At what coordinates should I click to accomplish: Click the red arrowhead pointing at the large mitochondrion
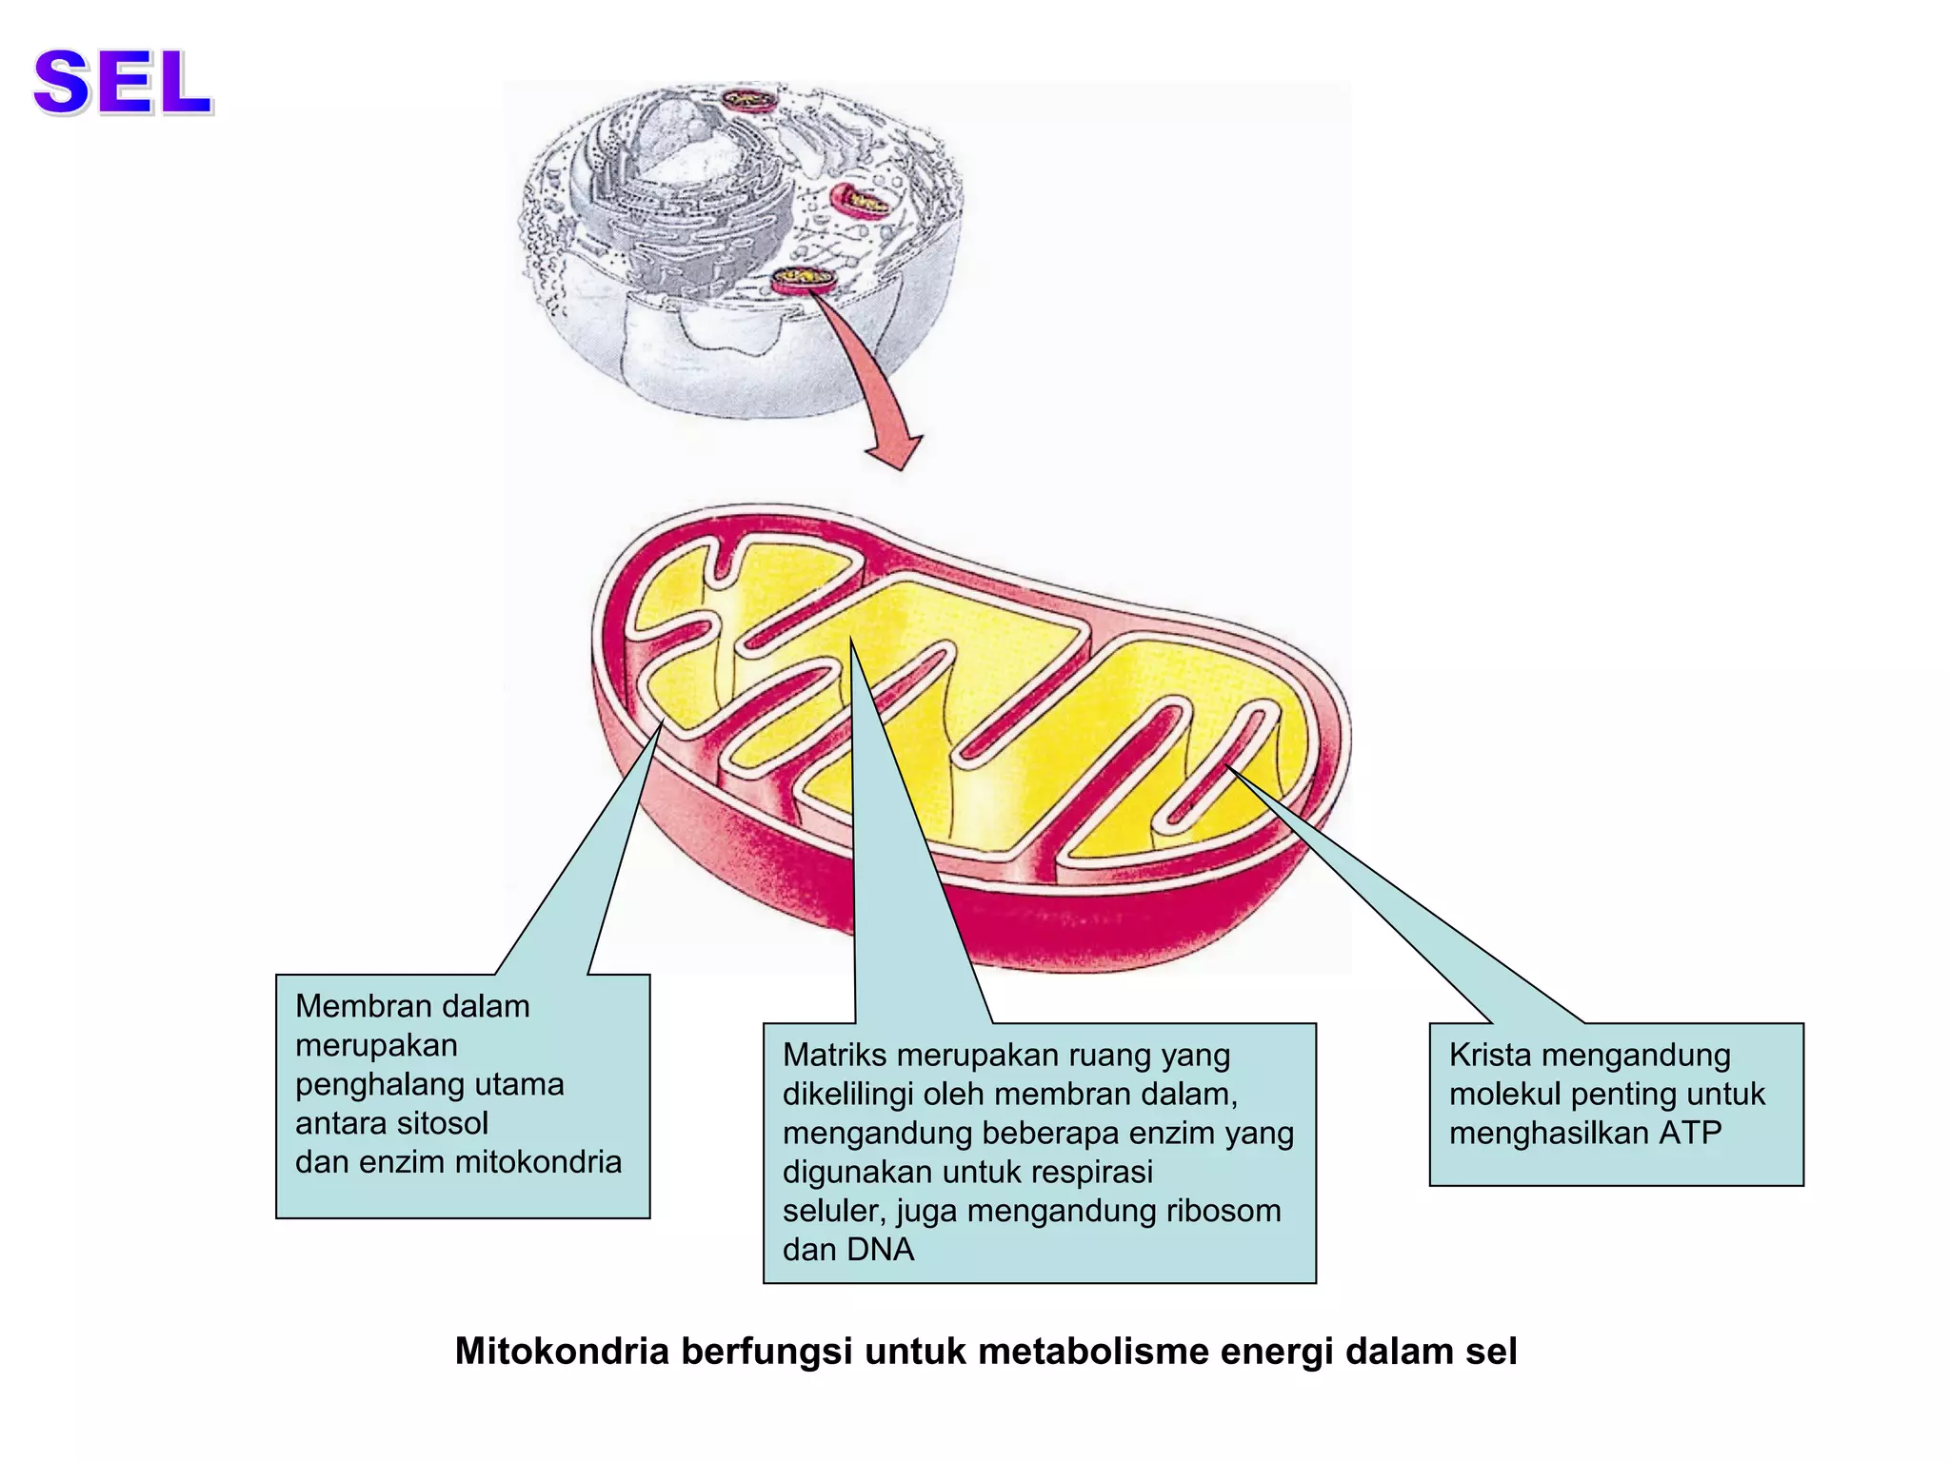click(x=895, y=451)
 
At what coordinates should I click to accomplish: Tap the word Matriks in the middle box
click(x=834, y=1056)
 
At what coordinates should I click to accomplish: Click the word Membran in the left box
click(x=359, y=1006)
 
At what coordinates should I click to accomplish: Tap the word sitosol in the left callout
click(x=442, y=1123)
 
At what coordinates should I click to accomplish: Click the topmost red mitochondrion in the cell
click(x=747, y=99)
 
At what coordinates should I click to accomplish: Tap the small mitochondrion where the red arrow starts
click(x=803, y=278)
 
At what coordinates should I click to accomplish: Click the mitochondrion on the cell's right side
click(x=860, y=200)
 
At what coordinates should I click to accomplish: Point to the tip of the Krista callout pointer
click(x=1228, y=766)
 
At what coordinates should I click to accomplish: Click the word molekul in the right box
click(x=1504, y=1095)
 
